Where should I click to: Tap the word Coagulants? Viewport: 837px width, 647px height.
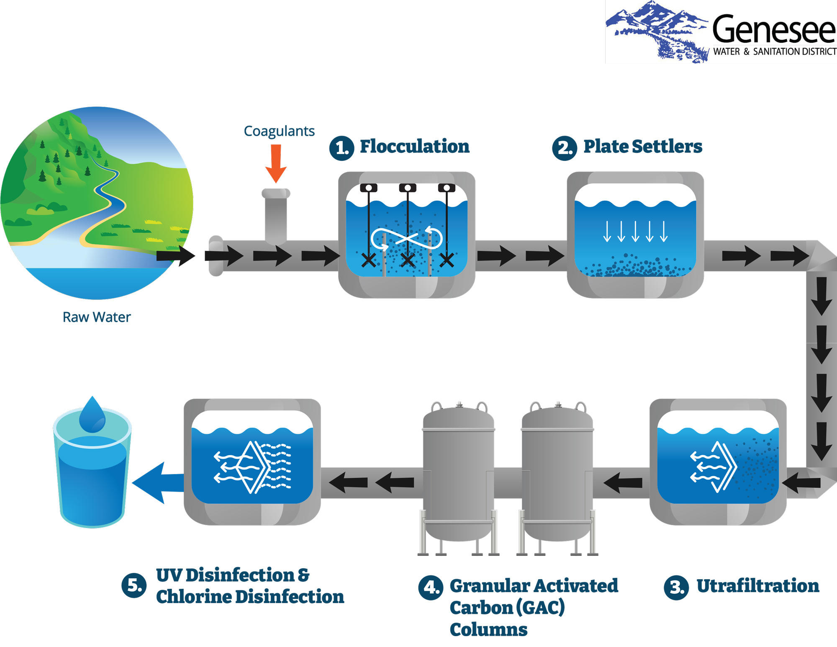coord(279,131)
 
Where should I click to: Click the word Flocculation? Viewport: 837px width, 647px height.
coord(414,147)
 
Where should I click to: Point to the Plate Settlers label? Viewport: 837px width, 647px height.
coord(642,147)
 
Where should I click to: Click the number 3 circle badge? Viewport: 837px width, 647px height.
coord(676,588)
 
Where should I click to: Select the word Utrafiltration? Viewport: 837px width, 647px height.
coord(757,586)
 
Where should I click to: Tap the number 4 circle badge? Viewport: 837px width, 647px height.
coord(431,588)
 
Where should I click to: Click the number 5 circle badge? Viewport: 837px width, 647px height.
coord(134,585)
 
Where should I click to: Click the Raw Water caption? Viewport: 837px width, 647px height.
coord(96,317)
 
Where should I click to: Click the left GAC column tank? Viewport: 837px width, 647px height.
coord(459,473)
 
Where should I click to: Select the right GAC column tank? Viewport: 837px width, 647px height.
coord(557,473)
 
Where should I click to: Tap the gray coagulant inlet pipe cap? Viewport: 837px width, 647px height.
coord(276,193)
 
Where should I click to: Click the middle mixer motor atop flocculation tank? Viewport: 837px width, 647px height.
coord(407,188)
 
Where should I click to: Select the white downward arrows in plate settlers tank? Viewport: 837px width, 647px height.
coord(635,231)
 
